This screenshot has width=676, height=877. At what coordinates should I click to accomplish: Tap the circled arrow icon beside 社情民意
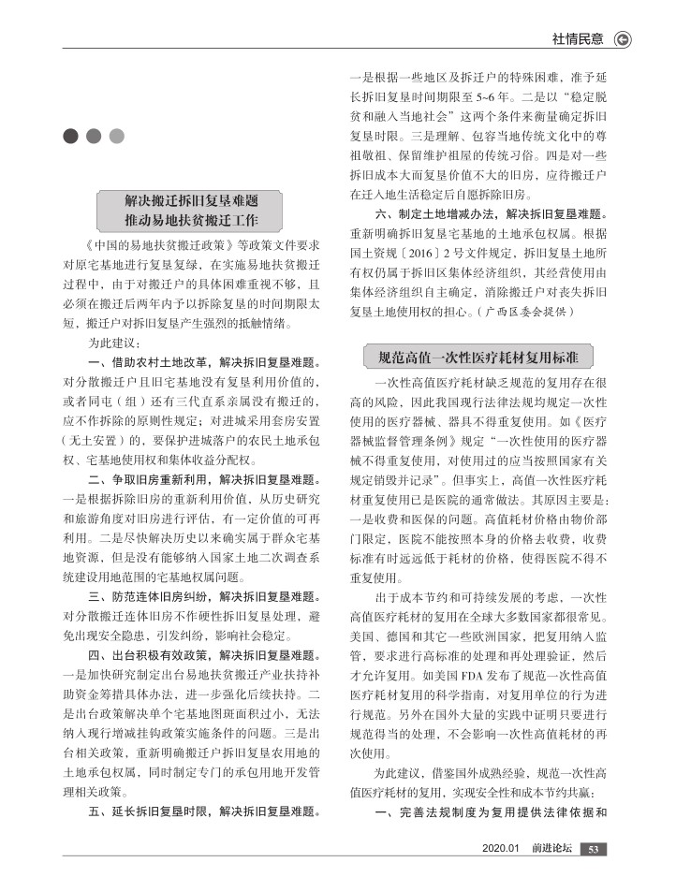click(623, 39)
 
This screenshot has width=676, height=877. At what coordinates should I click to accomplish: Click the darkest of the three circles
click(71, 137)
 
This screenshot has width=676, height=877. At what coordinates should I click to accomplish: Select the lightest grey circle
click(116, 137)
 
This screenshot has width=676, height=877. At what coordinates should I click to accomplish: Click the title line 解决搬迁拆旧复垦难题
click(191, 201)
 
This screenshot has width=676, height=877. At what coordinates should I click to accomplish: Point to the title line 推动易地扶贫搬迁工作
click(191, 221)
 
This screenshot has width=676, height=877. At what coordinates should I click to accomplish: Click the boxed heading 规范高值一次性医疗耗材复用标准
click(478, 357)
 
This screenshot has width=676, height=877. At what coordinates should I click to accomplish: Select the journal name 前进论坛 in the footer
click(551, 849)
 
